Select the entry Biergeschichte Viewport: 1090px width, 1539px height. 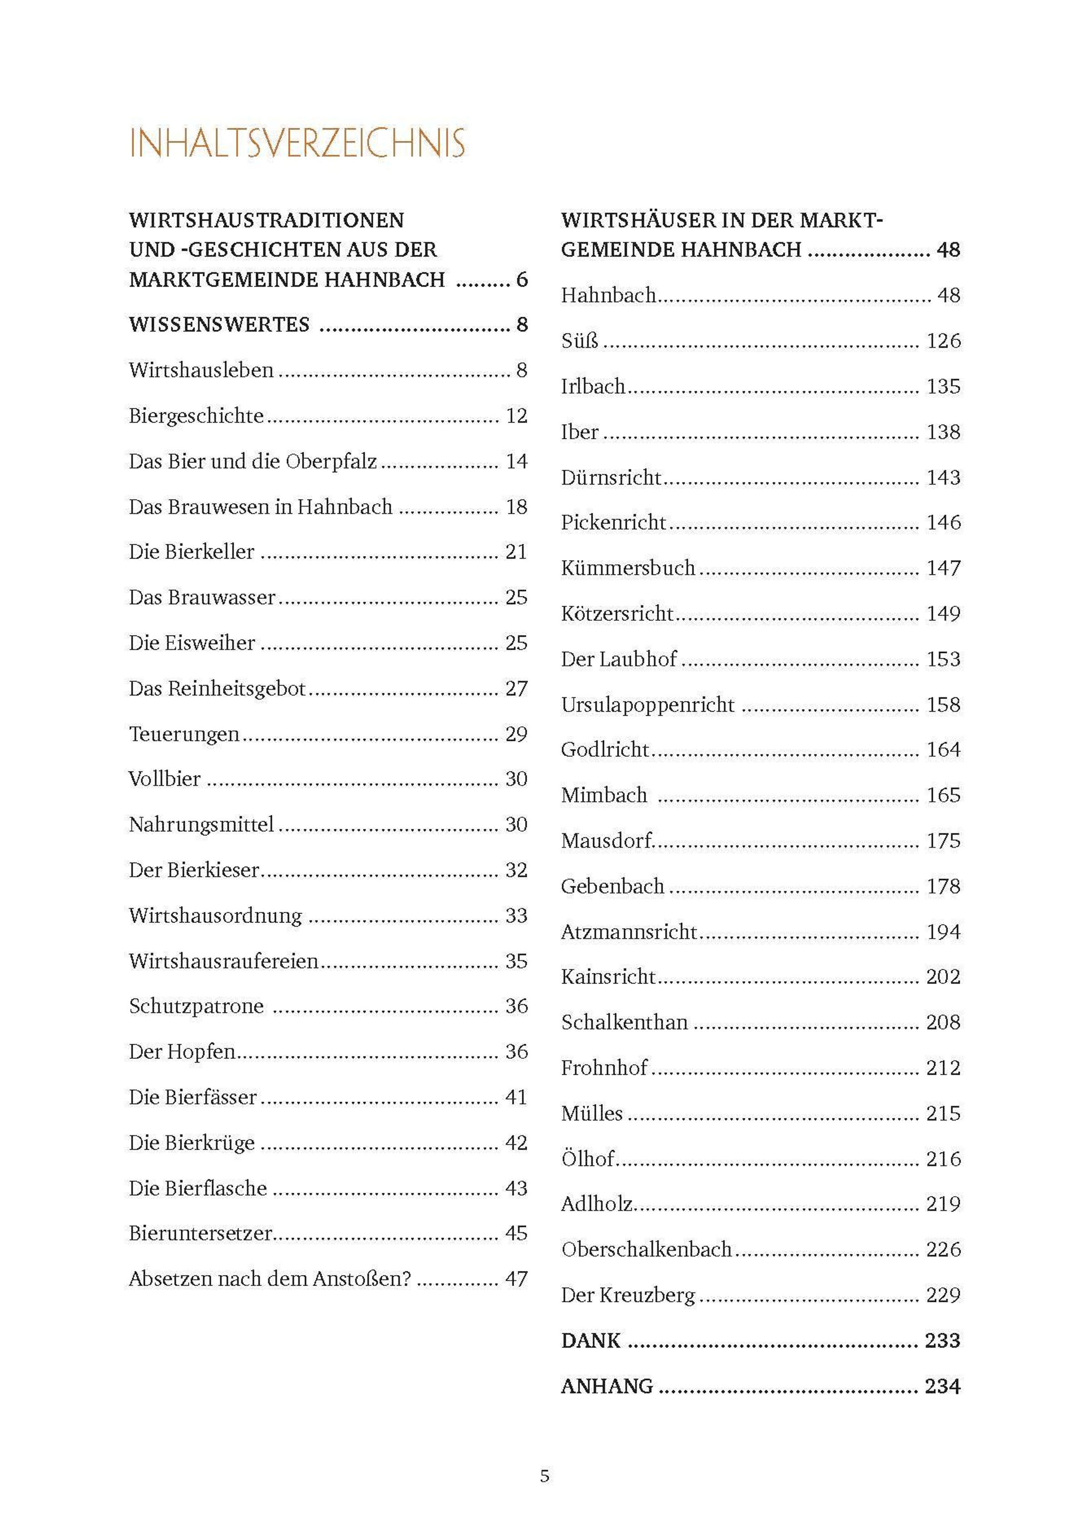(197, 416)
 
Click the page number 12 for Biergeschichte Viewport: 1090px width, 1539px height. (516, 416)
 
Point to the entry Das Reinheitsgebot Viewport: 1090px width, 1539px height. (218, 689)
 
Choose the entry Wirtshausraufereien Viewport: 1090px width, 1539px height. (223, 961)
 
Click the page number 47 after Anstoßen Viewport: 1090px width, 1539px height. (516, 1279)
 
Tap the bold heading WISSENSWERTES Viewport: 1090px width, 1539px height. (219, 325)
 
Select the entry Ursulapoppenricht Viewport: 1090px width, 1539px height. (648, 705)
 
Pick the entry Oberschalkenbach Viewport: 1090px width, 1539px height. (646, 1250)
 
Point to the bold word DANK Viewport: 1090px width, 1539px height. (590, 1341)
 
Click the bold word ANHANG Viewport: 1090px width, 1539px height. (607, 1387)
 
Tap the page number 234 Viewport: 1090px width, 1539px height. (942, 1387)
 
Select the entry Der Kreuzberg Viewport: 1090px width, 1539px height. (628, 1296)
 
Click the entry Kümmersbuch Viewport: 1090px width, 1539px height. (628, 568)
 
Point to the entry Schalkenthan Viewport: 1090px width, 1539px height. (624, 1023)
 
